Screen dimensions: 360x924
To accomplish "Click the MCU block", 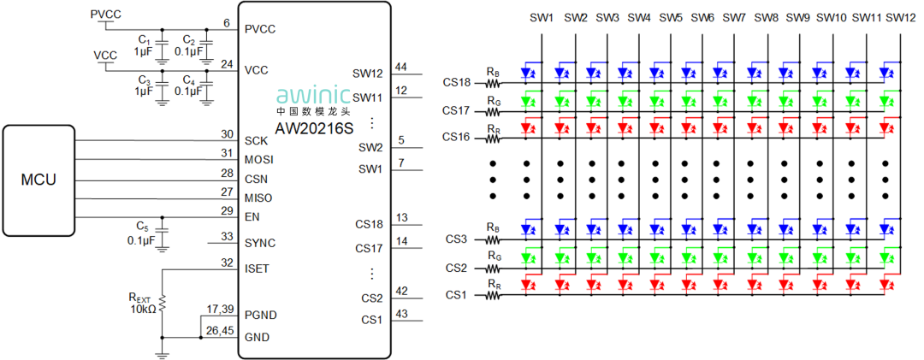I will tap(38, 180).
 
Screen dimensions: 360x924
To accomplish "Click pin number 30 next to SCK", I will tap(227, 134).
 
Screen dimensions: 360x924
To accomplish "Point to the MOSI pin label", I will tap(259, 160).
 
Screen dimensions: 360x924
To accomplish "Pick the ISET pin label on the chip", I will tap(257, 268).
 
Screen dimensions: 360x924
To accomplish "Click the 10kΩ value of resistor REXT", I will tap(142, 310).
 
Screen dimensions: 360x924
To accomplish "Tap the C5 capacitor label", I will tap(142, 227).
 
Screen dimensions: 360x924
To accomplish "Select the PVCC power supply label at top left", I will tap(105, 15).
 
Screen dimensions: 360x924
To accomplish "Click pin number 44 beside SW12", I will tap(401, 67).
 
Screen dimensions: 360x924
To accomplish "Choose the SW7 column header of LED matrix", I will tap(734, 17).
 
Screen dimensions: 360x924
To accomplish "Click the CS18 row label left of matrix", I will tap(457, 84).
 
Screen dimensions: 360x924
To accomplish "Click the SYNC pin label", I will tap(260, 243).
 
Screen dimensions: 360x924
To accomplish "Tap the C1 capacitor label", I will tap(144, 41).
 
